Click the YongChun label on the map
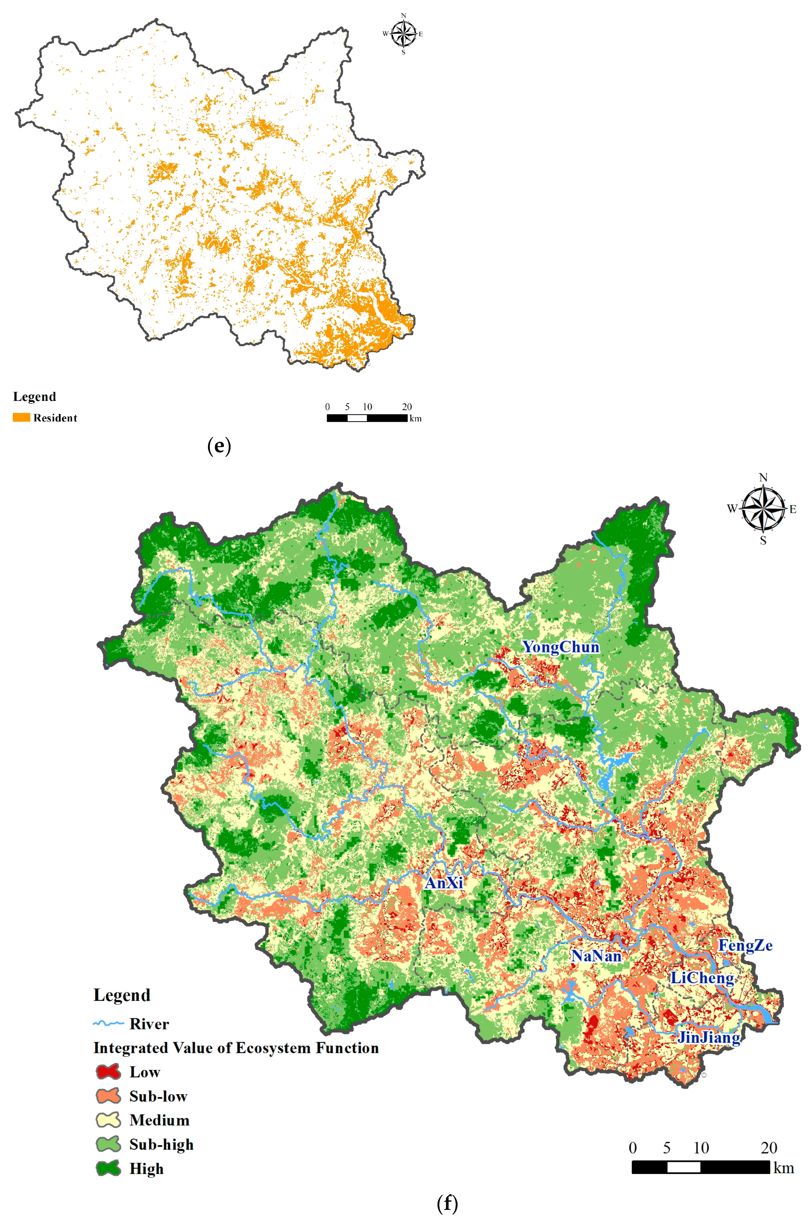pos(561,647)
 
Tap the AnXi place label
pos(444,883)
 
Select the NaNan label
pos(596,956)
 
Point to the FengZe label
pos(745,946)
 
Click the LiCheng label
pos(702,978)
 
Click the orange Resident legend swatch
pos(21,417)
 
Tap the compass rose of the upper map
pos(403,34)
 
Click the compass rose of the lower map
pos(763,509)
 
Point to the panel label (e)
pos(219,446)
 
